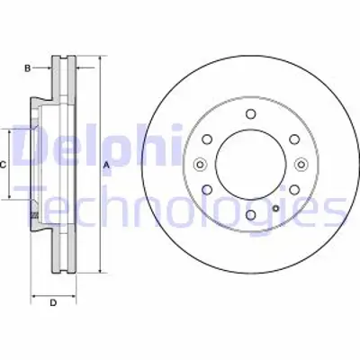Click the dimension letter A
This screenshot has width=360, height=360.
[x=106, y=165]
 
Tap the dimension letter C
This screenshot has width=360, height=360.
[x=4, y=165]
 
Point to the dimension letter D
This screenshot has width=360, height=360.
[x=53, y=302]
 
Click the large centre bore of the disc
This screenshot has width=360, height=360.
[x=248, y=164]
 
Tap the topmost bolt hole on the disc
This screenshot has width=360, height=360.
[x=248, y=114]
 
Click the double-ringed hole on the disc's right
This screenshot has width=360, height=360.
[x=298, y=164]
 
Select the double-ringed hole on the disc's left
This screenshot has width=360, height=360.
[x=199, y=164]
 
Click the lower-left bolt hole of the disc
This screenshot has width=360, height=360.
[x=206, y=189]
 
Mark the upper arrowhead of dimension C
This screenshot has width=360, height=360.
[x=13, y=132]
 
